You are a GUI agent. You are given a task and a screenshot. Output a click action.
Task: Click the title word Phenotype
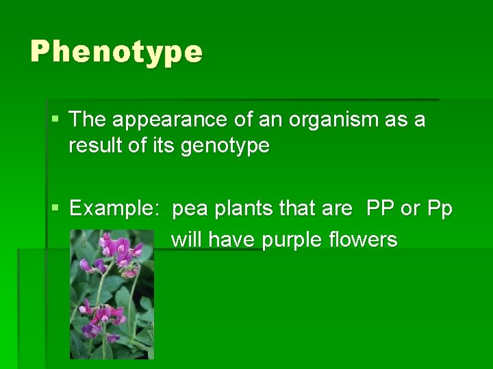(116, 52)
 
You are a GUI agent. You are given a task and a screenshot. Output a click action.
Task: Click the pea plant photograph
(112, 294)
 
